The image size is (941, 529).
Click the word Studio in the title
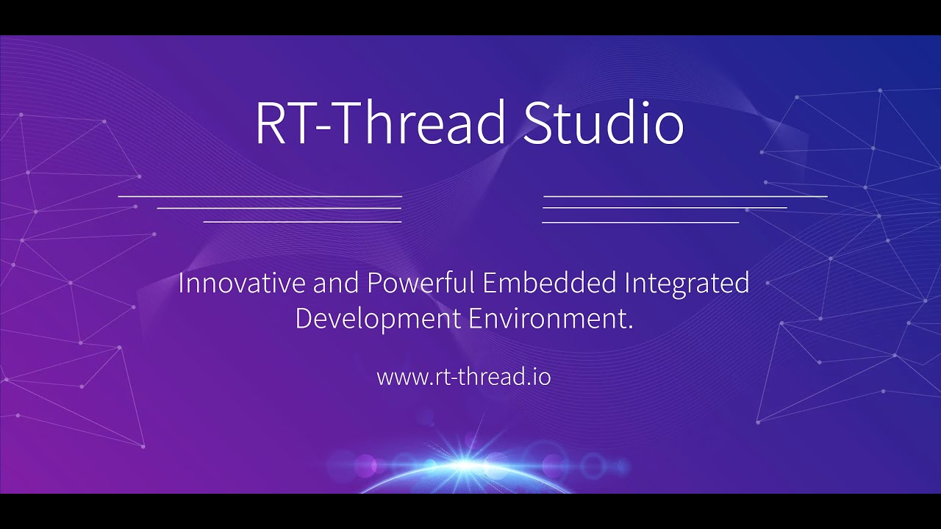[603, 123]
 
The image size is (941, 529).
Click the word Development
[377, 320]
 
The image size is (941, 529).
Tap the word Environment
[548, 320]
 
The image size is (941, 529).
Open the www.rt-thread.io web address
[463, 378]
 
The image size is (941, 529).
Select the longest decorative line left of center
[260, 197]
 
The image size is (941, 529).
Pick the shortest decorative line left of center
[302, 221]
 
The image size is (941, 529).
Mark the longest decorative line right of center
[685, 197]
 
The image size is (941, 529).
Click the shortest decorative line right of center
[640, 221]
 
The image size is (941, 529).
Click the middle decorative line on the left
[279, 209]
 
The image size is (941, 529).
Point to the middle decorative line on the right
[665, 209]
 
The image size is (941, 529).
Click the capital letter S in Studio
[538, 123]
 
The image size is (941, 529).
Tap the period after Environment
[631, 328]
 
